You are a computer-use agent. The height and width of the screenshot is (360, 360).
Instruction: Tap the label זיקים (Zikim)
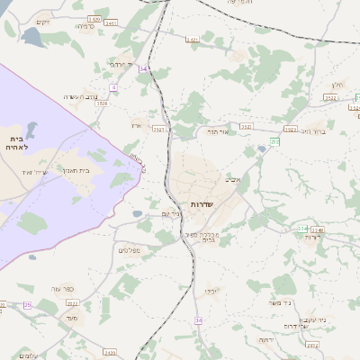click(42, 22)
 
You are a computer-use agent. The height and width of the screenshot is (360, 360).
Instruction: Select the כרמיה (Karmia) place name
click(85, 26)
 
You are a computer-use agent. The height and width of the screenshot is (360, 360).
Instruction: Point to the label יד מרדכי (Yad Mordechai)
click(119, 65)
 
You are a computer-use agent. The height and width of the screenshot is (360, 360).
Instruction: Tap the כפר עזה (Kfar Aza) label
click(62, 289)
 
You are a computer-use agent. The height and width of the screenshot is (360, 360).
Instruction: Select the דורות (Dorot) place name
click(313, 237)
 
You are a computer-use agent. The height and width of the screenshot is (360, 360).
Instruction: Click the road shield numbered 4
click(114, 87)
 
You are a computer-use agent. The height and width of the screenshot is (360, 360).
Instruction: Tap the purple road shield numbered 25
click(27, 305)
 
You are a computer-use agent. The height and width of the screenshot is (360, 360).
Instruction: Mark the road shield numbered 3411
click(110, 22)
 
